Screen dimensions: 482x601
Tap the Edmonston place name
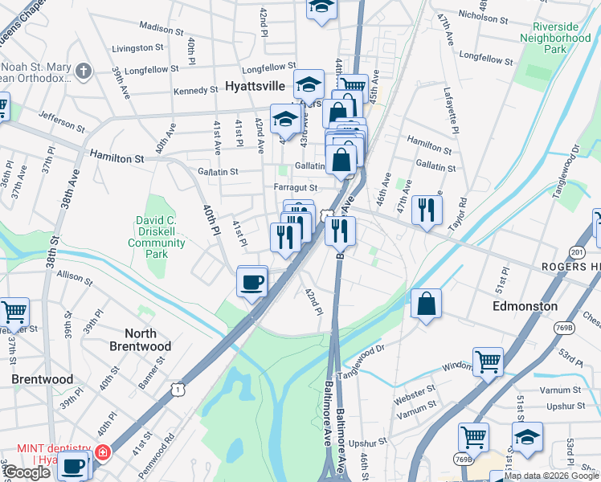click(525, 306)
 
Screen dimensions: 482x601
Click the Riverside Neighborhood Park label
click(554, 37)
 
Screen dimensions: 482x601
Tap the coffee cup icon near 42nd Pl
click(252, 282)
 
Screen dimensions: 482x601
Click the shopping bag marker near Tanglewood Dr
click(426, 304)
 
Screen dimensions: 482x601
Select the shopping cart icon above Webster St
click(488, 362)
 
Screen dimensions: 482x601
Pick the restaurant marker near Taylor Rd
click(427, 210)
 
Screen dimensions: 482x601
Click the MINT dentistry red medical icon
click(101, 452)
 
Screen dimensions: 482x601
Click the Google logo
click(26, 472)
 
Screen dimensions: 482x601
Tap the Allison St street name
click(75, 276)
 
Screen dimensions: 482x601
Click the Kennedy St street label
click(196, 91)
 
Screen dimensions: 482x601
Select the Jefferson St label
click(61, 122)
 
